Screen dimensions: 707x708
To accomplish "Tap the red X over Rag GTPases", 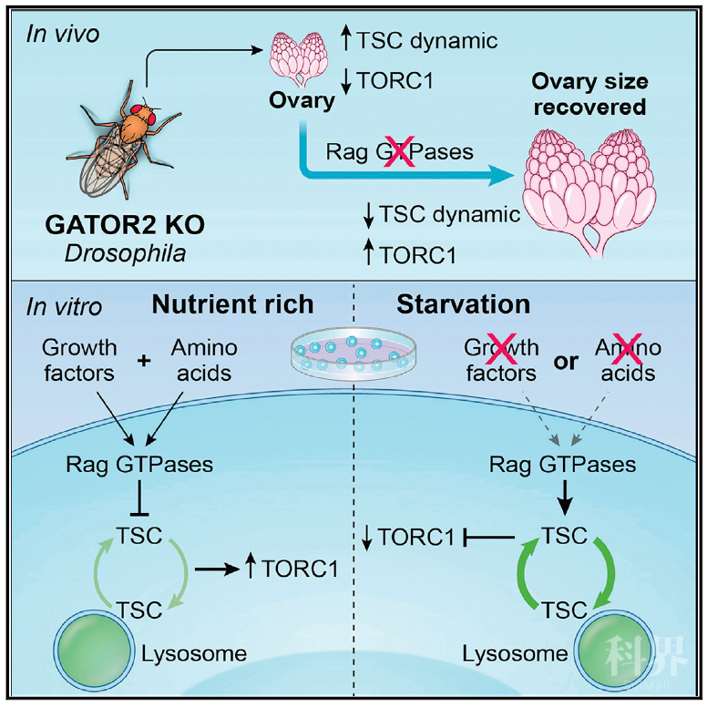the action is [399, 151].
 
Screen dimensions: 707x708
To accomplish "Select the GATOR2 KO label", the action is [125, 224].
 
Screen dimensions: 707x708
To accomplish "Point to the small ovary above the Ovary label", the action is [302, 58].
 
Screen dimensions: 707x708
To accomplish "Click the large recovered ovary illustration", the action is [589, 192].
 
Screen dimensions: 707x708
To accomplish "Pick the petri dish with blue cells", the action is [353, 354].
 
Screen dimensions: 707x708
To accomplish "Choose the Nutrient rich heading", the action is [232, 304].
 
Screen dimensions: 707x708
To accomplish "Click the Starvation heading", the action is [463, 304].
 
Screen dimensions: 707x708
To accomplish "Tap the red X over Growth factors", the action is [501, 348].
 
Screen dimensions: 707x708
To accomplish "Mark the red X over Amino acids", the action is [626, 348].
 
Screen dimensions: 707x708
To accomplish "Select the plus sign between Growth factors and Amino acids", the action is [144, 361].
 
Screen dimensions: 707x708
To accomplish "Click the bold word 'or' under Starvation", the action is [566, 362].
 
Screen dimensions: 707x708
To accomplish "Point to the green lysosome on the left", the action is [95, 651].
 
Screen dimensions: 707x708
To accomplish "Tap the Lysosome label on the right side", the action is [515, 654].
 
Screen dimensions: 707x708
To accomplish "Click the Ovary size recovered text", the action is [589, 95].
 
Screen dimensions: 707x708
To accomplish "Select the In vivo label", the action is [62, 34].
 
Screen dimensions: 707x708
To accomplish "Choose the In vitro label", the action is [64, 307].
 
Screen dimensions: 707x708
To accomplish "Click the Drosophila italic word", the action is [125, 253].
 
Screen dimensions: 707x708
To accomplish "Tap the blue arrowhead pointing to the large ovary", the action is [502, 175].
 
